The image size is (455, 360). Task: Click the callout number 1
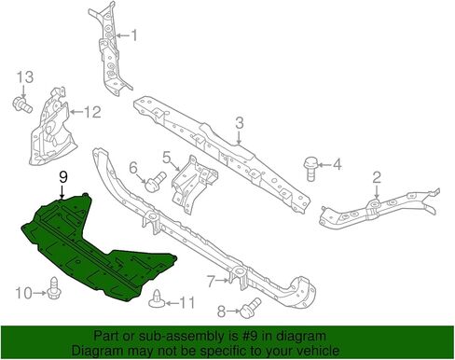click(x=134, y=35)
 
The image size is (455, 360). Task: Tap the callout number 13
click(x=25, y=77)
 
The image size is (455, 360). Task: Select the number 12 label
click(x=92, y=112)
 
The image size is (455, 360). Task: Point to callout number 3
click(x=239, y=123)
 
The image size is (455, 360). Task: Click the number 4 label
click(x=337, y=164)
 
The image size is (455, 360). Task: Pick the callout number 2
click(x=377, y=178)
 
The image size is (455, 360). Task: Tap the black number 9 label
click(x=63, y=177)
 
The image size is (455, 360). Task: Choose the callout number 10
click(x=23, y=293)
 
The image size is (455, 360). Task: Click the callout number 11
click(x=186, y=302)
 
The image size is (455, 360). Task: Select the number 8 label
click(x=221, y=312)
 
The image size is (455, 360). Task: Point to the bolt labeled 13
click(x=22, y=104)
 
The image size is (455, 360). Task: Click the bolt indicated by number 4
click(x=310, y=169)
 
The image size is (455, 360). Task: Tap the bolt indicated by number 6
click(x=156, y=182)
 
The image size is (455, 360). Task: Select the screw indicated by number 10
click(x=55, y=287)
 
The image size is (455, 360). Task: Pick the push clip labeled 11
click(x=156, y=298)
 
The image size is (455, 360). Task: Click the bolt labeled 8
click(x=250, y=308)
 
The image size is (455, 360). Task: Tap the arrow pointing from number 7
click(x=222, y=281)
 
